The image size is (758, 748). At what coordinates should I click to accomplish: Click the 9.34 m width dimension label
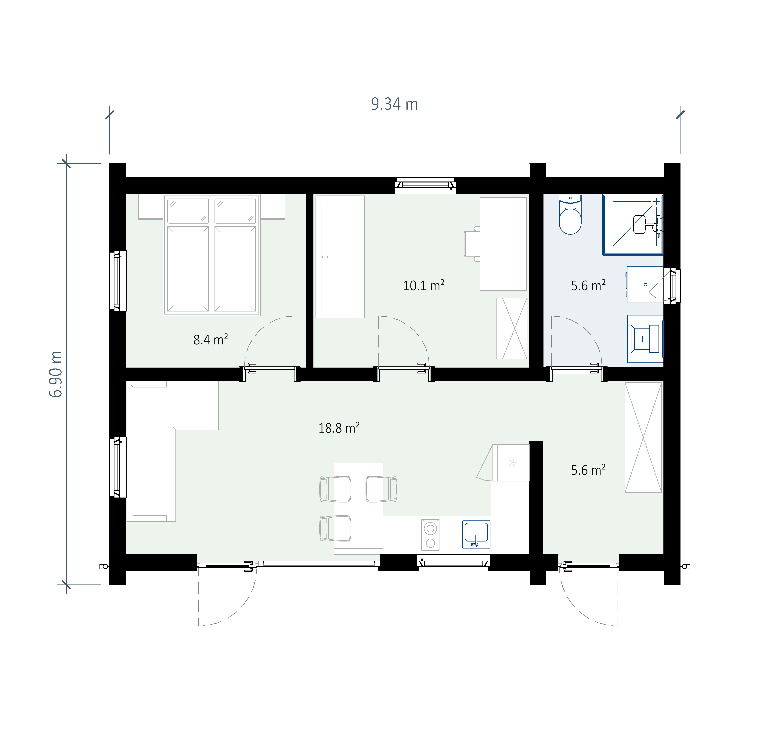(x=394, y=104)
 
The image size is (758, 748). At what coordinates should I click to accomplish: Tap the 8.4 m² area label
(x=211, y=339)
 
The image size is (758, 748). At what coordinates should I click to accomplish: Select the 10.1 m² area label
(x=424, y=285)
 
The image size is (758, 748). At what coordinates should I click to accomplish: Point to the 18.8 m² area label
(x=339, y=428)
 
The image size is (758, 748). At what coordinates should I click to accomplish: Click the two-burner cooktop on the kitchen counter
(x=430, y=535)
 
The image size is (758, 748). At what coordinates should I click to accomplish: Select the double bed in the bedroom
(x=211, y=255)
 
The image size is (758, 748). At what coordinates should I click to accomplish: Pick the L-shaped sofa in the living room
(x=173, y=451)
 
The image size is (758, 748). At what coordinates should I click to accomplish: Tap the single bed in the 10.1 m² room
(x=340, y=257)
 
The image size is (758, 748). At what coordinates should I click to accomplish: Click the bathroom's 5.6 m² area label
(x=588, y=285)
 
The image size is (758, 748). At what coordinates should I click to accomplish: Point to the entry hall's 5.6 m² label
(x=588, y=469)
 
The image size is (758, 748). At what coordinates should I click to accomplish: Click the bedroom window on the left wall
(x=118, y=281)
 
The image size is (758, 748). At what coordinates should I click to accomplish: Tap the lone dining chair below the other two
(x=335, y=528)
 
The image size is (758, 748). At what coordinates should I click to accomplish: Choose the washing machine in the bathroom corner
(x=645, y=339)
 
